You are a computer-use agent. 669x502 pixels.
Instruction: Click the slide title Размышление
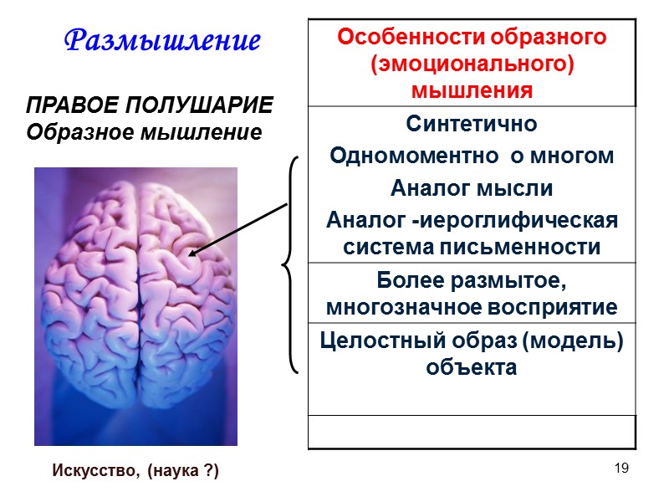(162, 38)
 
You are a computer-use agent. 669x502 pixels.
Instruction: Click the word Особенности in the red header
(403, 38)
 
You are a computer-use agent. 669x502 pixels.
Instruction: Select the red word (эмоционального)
(471, 64)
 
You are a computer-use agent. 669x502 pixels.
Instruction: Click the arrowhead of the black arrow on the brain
(191, 254)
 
